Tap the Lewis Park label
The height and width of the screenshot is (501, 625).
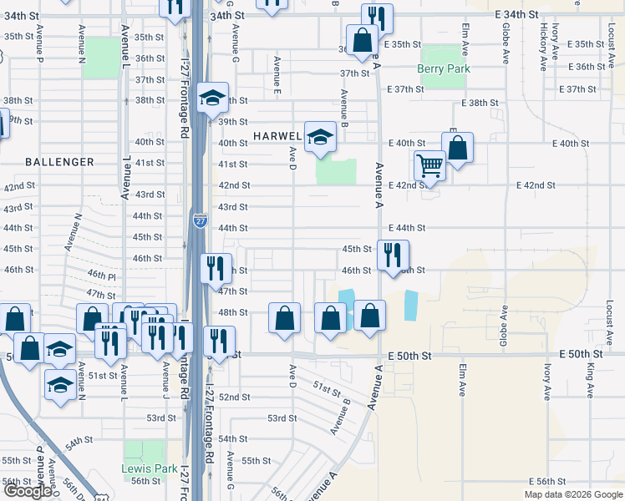(150, 469)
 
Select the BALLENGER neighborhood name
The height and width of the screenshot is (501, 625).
(59, 161)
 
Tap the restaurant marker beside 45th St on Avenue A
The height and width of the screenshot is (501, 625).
(393, 254)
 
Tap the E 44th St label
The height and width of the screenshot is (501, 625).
(407, 228)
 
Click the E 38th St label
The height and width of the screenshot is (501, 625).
(480, 103)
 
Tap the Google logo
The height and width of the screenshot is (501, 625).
(28, 491)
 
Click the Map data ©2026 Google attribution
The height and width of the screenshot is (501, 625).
(572, 494)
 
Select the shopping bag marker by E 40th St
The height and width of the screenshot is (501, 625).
(457, 148)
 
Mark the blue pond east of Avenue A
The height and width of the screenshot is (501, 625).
(409, 306)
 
